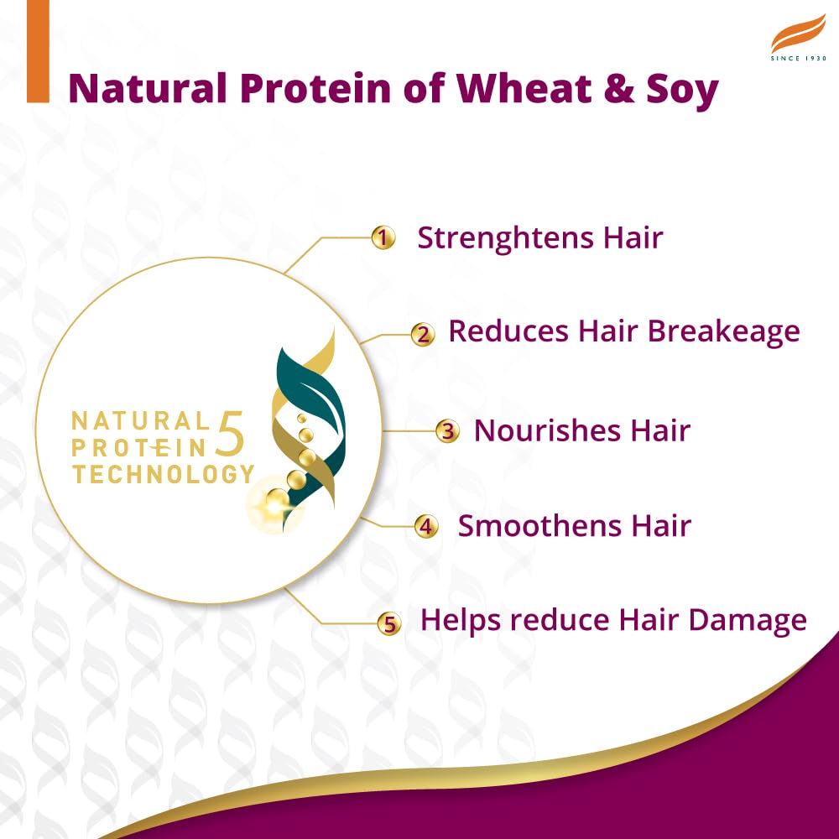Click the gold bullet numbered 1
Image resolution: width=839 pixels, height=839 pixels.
point(383,238)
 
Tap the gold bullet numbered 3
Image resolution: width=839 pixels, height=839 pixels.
point(448,432)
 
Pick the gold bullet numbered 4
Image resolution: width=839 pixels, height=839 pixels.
point(426,528)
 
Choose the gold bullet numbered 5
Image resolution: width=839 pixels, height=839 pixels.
point(388,623)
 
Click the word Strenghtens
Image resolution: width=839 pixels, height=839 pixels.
point(506,238)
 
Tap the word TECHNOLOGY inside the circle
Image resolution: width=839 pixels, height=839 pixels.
point(163,474)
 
